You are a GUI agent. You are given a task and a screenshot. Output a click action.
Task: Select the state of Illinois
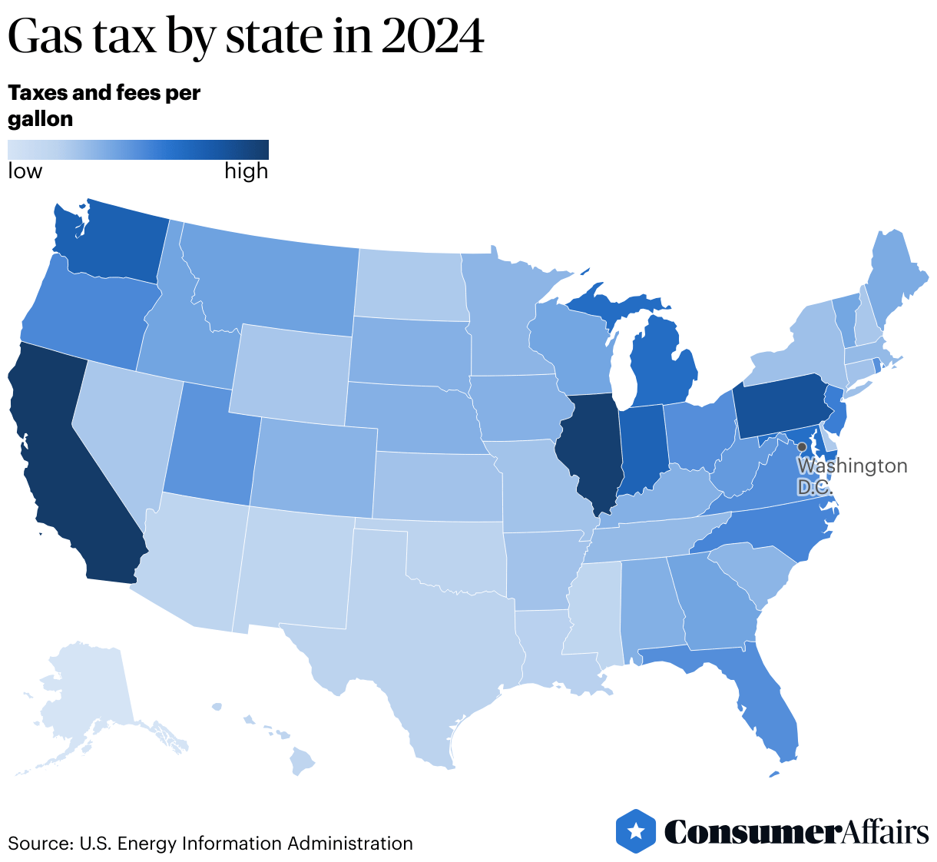click(591, 449)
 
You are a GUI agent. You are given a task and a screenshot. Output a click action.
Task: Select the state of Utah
click(211, 446)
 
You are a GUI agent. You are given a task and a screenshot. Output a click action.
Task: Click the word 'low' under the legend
click(25, 171)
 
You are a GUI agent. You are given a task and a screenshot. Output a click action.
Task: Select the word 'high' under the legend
click(246, 171)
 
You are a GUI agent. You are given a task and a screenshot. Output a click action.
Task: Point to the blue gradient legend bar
click(138, 149)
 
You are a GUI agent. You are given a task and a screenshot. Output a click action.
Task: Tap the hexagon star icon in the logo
click(636, 831)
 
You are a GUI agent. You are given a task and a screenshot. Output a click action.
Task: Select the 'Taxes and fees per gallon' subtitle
click(104, 106)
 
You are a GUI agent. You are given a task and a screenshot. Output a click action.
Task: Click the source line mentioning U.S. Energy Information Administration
click(210, 843)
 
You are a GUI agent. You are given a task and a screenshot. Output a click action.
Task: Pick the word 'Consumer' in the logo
click(750, 831)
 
